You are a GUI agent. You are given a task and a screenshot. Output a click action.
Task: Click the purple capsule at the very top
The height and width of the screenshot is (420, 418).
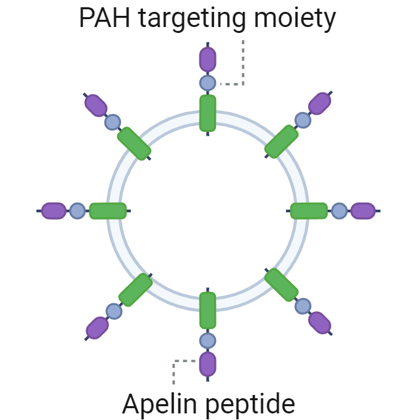208,59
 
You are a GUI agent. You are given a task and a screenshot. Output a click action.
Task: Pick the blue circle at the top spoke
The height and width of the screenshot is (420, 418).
208,83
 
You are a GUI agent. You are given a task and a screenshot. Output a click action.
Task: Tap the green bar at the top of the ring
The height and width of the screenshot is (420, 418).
208,113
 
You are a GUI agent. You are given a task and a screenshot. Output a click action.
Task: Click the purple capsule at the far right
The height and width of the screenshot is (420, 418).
363,211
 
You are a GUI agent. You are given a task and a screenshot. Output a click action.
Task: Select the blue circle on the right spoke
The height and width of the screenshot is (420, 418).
339,211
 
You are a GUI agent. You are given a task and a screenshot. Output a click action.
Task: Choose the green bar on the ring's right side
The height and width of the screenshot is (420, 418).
309,211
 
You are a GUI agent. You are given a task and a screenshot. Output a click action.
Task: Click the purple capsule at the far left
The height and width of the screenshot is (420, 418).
54,211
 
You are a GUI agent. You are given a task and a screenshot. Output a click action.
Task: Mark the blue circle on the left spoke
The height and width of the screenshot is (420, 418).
78,211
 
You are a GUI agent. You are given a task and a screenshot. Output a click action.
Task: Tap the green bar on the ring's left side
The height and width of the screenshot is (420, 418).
108,211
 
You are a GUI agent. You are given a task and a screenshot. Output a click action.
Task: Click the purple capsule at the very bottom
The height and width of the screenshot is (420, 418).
208,363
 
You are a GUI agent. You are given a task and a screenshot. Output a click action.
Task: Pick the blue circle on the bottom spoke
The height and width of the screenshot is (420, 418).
208,340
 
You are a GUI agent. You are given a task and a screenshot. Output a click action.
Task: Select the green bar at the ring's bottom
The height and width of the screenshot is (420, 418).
208,310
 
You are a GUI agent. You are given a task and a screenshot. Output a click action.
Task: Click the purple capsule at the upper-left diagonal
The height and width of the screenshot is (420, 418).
96,105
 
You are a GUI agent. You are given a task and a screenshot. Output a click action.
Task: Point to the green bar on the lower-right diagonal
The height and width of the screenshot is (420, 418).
282,285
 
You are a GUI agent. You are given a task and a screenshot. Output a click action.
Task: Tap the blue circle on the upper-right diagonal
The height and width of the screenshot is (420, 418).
303,120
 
